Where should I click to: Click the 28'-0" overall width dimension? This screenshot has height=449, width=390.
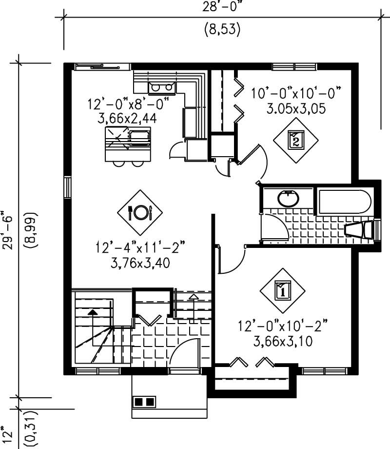coord(222,7)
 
